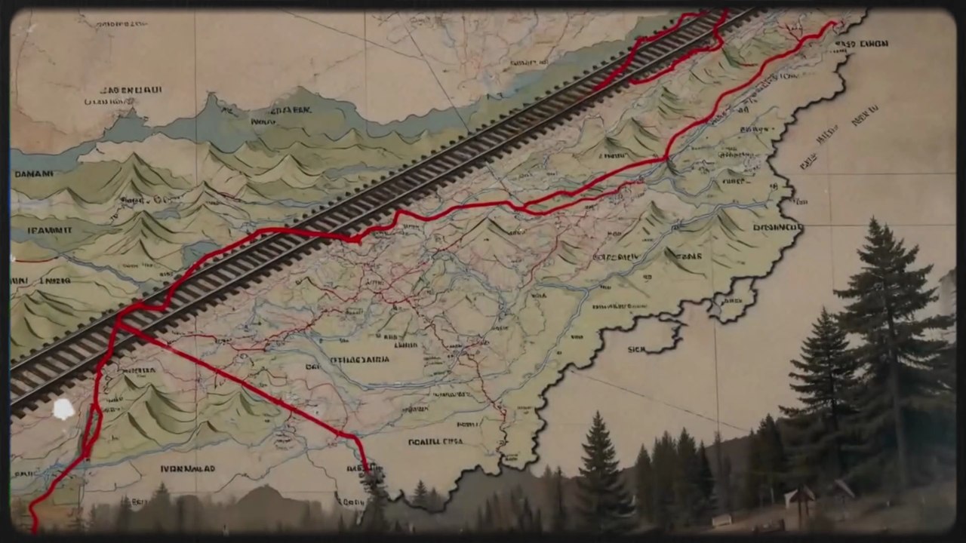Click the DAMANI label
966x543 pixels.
[x=33, y=173]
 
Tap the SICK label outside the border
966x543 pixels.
[x=637, y=350]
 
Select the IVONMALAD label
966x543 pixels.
[x=187, y=468]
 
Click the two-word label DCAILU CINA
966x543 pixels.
[x=435, y=442]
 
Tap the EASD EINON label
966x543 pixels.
[x=862, y=44]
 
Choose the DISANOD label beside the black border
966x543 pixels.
[x=777, y=227]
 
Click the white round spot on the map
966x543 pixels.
[x=63, y=410]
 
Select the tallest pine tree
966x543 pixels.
[x=891, y=339]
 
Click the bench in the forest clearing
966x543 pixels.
[x=721, y=520]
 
